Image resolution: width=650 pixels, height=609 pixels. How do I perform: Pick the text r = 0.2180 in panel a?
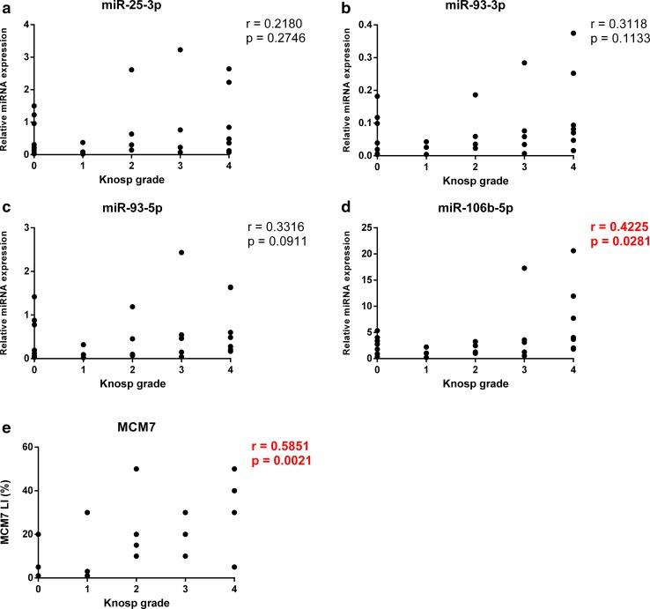tap(285, 21)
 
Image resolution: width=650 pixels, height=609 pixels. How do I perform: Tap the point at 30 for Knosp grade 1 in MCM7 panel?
tap(86, 512)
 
